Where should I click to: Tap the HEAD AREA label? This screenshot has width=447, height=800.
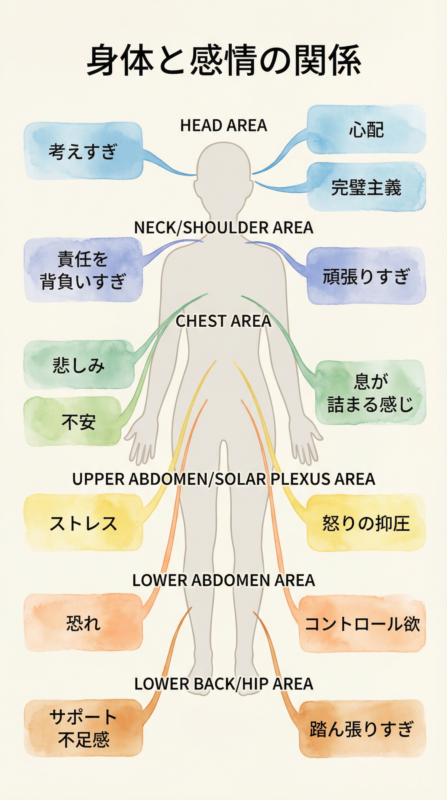pyautogui.click(x=223, y=126)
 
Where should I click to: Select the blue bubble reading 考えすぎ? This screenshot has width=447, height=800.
pyautogui.click(x=83, y=151)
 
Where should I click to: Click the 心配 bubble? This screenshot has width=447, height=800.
pyautogui.click(x=366, y=129)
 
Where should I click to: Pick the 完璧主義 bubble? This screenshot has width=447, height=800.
pyautogui.click(x=366, y=187)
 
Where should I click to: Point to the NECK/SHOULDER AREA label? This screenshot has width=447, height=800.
pyautogui.click(x=223, y=228)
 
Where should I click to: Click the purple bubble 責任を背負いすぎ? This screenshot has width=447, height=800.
pyautogui.click(x=83, y=270)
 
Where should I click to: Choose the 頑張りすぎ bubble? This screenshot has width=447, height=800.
pyautogui.click(x=366, y=276)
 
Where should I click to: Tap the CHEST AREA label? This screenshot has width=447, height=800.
pyautogui.click(x=223, y=321)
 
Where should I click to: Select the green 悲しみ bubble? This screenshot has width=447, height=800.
pyautogui.click(x=79, y=365)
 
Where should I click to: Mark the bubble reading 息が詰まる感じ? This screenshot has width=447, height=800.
pyautogui.click(x=370, y=393)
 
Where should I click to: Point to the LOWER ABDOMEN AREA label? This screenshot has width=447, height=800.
pyautogui.click(x=223, y=581)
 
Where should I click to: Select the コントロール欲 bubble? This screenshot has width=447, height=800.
pyautogui.click(x=362, y=624)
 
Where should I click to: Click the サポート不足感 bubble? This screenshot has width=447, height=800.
pyautogui.click(x=83, y=728)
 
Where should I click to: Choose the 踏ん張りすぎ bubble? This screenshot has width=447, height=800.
pyautogui.click(x=362, y=728)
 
